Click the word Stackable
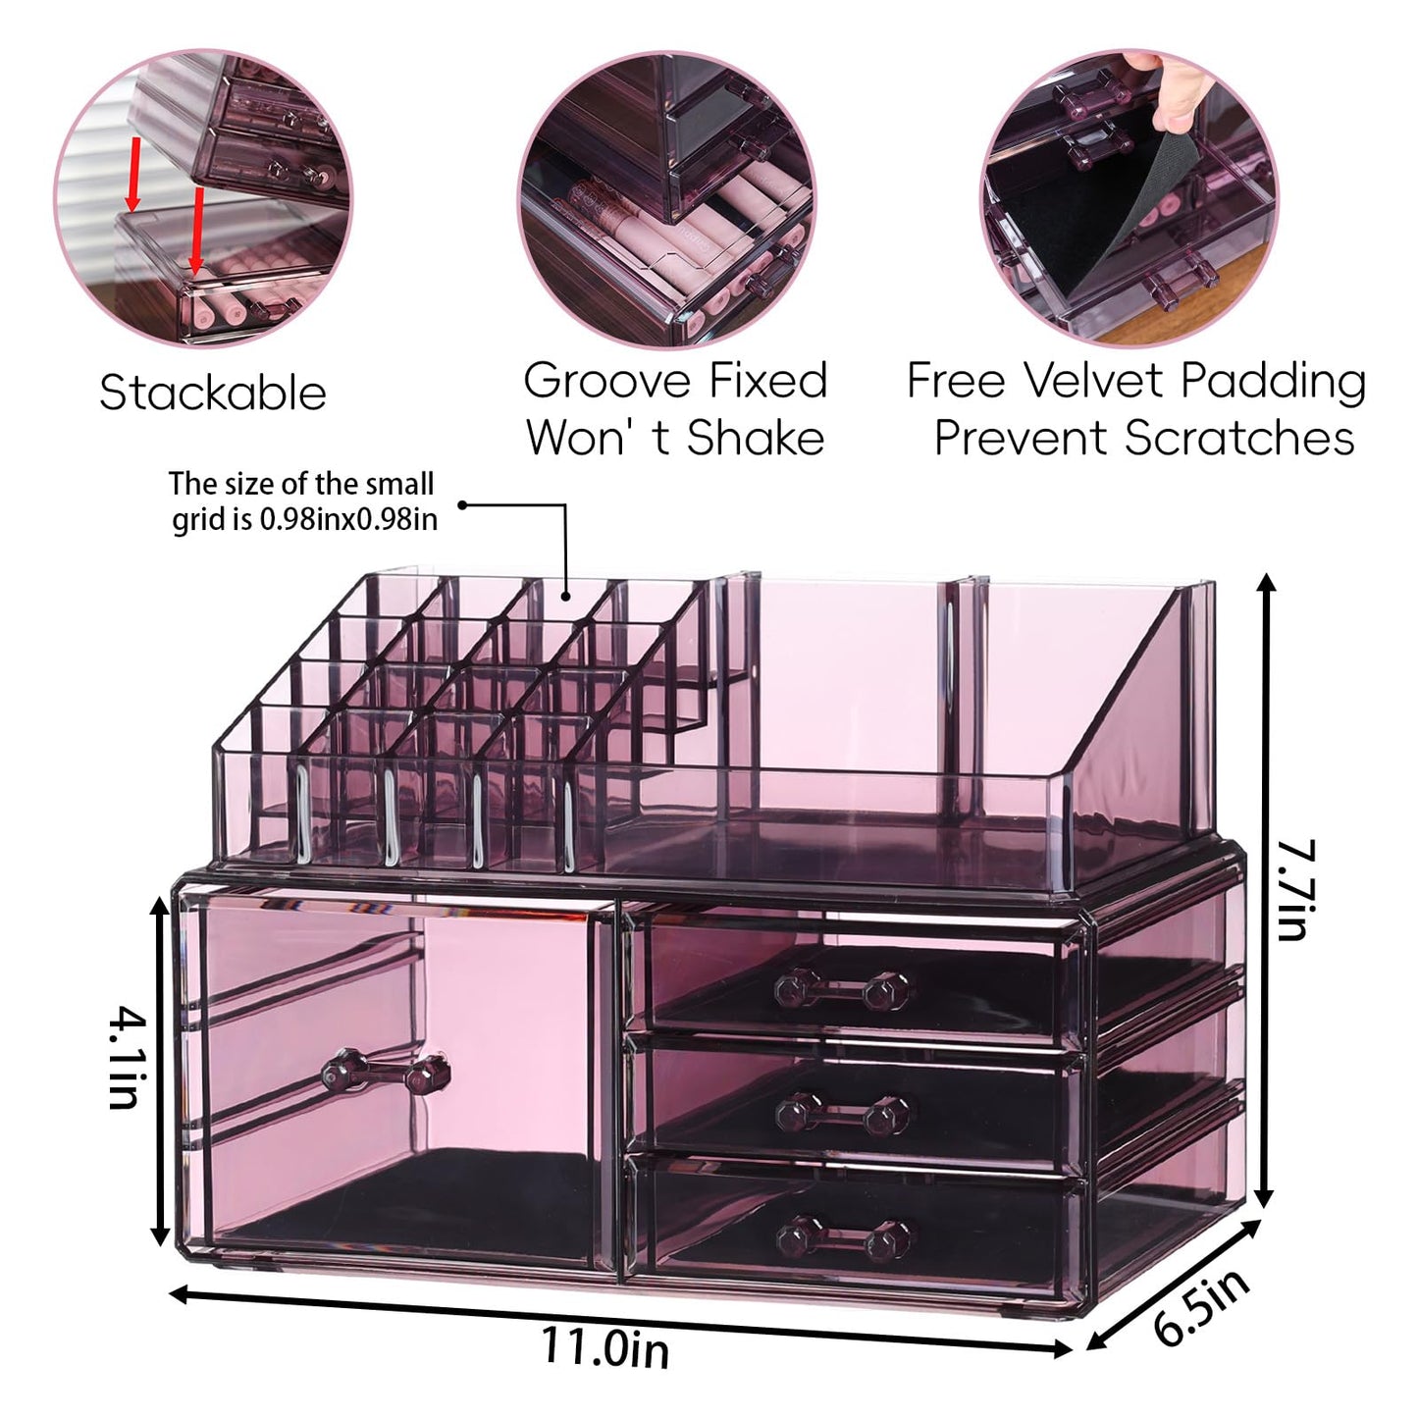(212, 393)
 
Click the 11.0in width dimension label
(605, 1345)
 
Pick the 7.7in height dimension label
(1294, 888)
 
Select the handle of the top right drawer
(841, 989)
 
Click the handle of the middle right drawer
(841, 1113)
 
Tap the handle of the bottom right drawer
(843, 1238)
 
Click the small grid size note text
(302, 500)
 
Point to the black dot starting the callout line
(462, 505)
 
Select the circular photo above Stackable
(203, 196)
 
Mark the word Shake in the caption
(755, 438)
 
